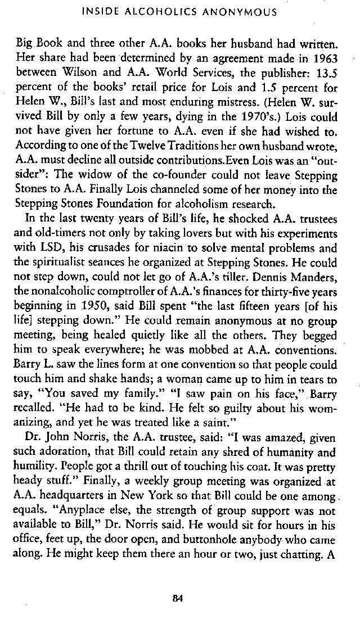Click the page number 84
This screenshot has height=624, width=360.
tap(179, 598)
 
